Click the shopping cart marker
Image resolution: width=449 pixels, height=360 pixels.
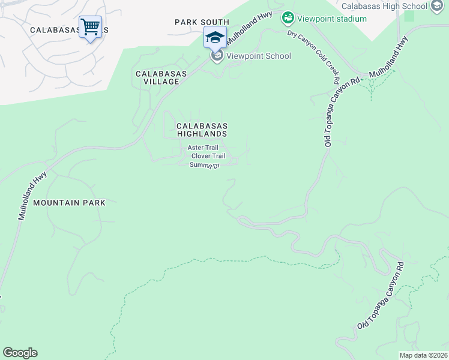90,26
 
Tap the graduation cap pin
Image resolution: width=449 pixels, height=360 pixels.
215,37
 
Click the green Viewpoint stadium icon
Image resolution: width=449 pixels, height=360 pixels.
288,18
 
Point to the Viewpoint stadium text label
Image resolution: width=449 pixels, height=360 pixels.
332,19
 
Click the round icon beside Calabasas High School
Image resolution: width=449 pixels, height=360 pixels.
436,7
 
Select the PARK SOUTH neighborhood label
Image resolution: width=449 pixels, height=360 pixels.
202,22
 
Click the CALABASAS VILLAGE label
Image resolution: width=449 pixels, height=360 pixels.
161,77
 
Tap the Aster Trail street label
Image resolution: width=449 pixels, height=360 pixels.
202,147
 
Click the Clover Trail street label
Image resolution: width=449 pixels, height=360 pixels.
208,156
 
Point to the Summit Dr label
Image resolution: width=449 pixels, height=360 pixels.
205,165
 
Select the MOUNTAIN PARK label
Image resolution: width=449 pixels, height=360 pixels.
69,203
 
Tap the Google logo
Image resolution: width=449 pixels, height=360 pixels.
20,353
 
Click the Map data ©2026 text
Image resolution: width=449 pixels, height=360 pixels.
424,355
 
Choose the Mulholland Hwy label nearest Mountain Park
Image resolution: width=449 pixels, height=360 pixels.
32,196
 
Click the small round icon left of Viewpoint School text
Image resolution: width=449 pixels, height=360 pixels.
217,56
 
